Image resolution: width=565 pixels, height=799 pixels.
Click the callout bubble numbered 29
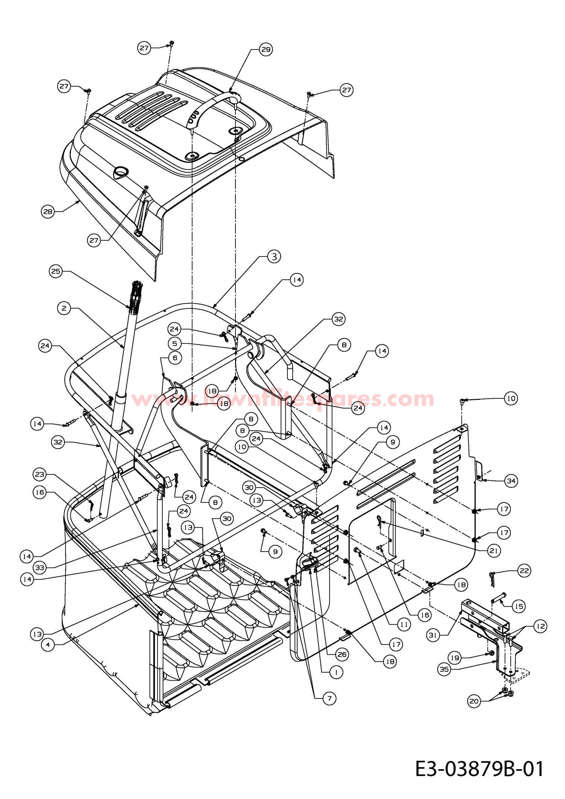coord(266,49)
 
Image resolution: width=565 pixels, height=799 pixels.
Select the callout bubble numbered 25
coord(56,272)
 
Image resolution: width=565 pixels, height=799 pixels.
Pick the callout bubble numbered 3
coord(274,257)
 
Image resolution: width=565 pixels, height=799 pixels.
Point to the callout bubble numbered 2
coord(64,308)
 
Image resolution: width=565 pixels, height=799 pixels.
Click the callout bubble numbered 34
coord(511,480)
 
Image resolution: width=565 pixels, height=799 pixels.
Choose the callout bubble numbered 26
coord(341,654)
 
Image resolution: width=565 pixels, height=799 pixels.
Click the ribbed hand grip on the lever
coord(136,295)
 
